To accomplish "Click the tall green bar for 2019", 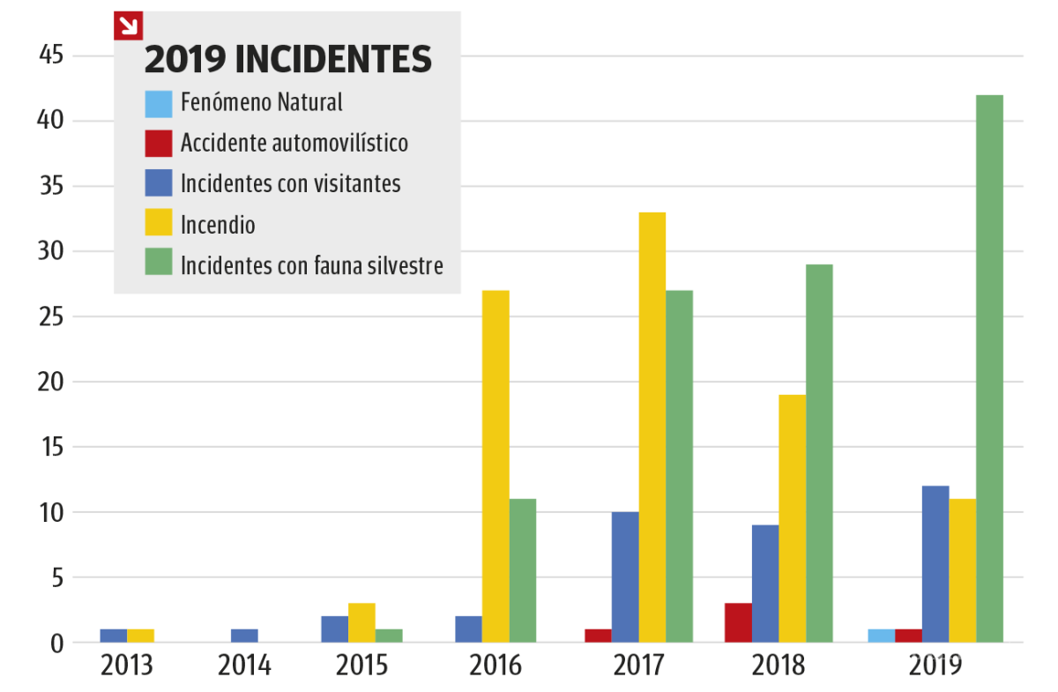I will click(989, 368).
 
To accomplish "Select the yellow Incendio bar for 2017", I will click(652, 428).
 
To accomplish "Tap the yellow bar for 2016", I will click(495, 466).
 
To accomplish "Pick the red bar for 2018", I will click(738, 622).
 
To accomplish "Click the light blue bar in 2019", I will click(881, 636).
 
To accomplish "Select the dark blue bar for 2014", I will click(244, 636).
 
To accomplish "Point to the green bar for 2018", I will click(818, 453).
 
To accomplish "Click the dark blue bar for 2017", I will click(625, 577).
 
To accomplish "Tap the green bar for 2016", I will click(522, 570).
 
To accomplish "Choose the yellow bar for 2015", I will click(361, 622).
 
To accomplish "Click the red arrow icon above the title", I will click(128, 26).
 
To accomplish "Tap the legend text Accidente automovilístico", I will click(294, 143).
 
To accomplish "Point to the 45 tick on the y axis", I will click(51, 56).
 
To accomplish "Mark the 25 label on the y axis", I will click(51, 316).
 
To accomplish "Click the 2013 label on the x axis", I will click(127, 666).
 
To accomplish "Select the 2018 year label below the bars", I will click(779, 666).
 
